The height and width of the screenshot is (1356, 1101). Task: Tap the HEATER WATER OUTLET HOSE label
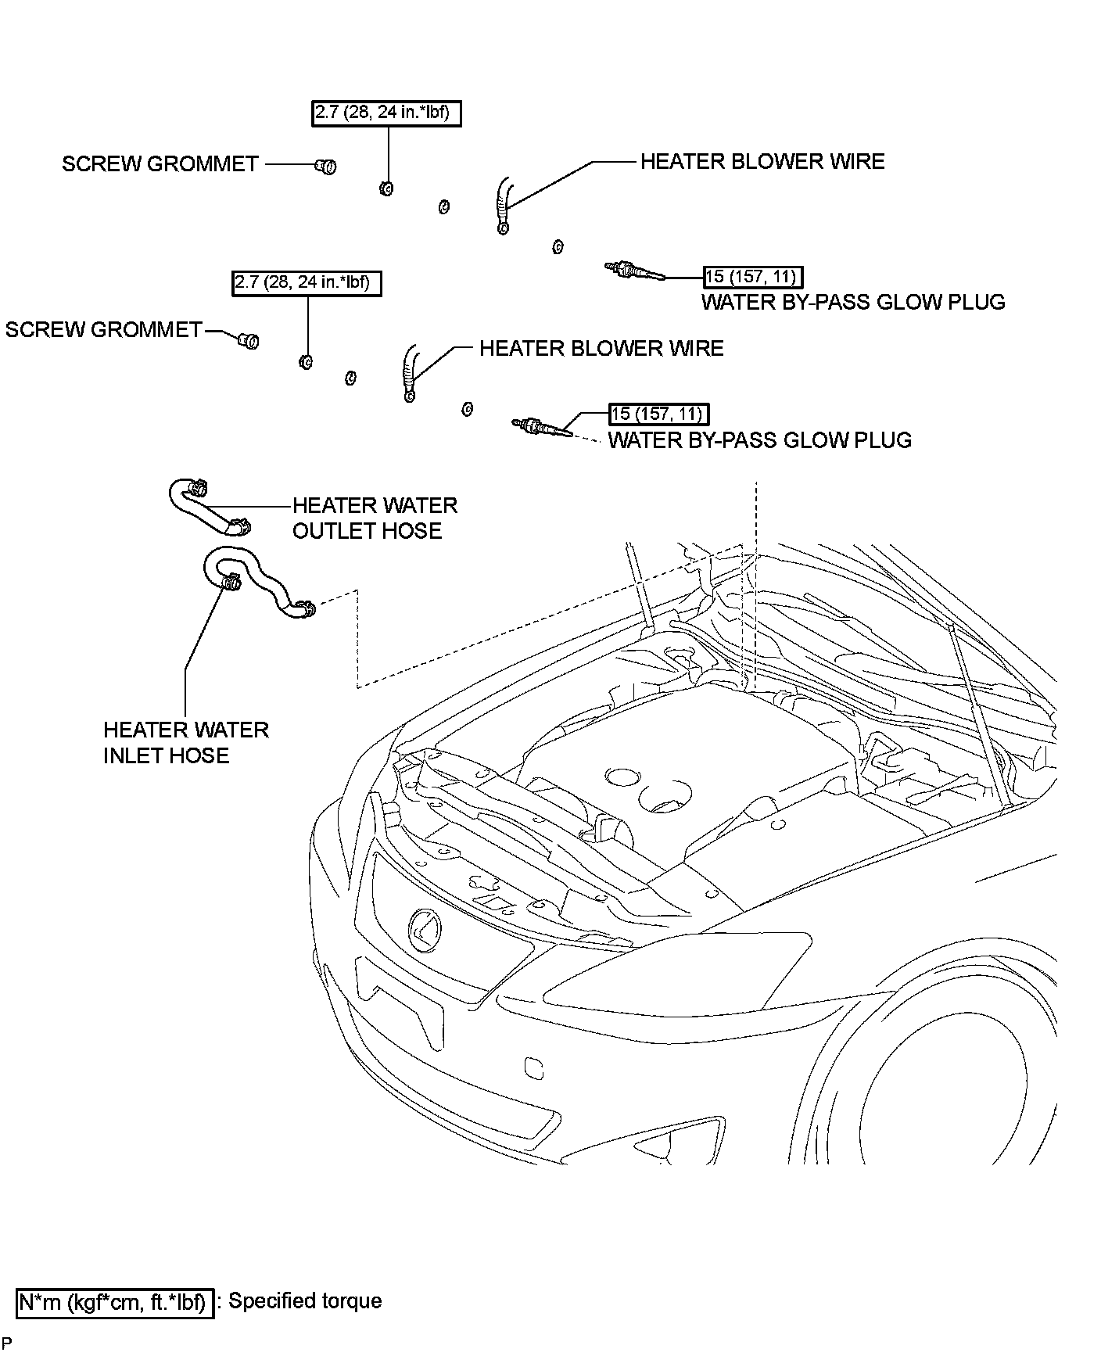[x=375, y=518]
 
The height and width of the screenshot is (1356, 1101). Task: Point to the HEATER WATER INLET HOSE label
[x=186, y=742]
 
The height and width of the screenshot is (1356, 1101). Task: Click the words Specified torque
[x=305, y=1301]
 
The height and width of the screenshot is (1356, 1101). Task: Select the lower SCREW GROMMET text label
[x=104, y=329]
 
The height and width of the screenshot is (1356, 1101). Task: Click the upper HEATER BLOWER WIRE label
[x=762, y=161]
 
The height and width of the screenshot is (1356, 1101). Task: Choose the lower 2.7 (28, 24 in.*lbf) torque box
[x=307, y=283]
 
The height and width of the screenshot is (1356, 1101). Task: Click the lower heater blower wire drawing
[x=410, y=374]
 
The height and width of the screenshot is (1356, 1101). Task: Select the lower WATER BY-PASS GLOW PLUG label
[x=760, y=440]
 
